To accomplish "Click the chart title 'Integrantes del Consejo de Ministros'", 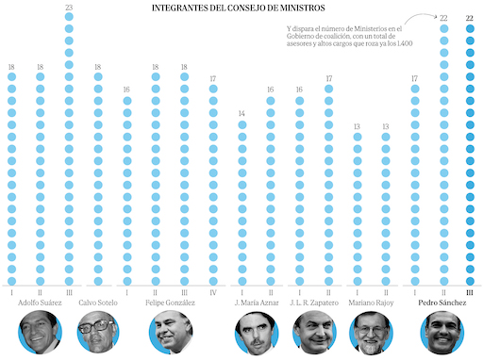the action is coord(239,8).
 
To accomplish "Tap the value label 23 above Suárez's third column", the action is coord(69,8).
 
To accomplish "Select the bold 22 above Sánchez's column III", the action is coord(470,18).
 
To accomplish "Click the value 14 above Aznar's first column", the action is coord(241,113).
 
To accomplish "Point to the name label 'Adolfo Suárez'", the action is coord(40,303).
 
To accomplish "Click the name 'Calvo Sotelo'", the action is coord(98,303).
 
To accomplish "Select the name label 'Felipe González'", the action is coord(170,303).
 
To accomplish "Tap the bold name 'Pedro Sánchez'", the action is coord(442,303).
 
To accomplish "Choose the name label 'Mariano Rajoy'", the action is coord(371,303).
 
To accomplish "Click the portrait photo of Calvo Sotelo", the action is coord(98,332).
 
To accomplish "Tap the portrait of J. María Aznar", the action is coord(257,333).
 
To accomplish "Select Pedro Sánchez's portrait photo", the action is coord(442,333).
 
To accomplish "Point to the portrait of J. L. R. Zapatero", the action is coord(314,333).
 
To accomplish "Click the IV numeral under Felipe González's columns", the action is coord(213,293).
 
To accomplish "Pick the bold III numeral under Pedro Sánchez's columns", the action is coord(470,293).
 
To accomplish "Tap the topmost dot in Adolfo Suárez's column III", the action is coord(69,17).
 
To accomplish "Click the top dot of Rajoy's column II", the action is coord(386,137).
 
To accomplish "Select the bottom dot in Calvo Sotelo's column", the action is coord(98,281).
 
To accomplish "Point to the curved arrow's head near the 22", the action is coord(436,16).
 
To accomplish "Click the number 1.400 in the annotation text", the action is coord(405,43).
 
